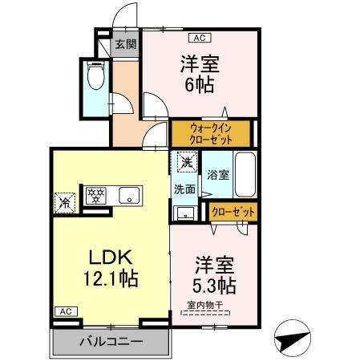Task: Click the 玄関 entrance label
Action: click(x=123, y=44)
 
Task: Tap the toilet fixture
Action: click(x=96, y=79)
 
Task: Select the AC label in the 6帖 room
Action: click(x=197, y=37)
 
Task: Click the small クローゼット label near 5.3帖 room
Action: click(x=233, y=212)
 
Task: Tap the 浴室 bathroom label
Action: click(x=217, y=174)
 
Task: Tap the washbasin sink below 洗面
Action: click(x=184, y=213)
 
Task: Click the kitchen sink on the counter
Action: click(x=128, y=195)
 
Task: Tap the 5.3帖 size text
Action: click(x=212, y=284)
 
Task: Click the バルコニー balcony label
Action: click(x=111, y=342)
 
